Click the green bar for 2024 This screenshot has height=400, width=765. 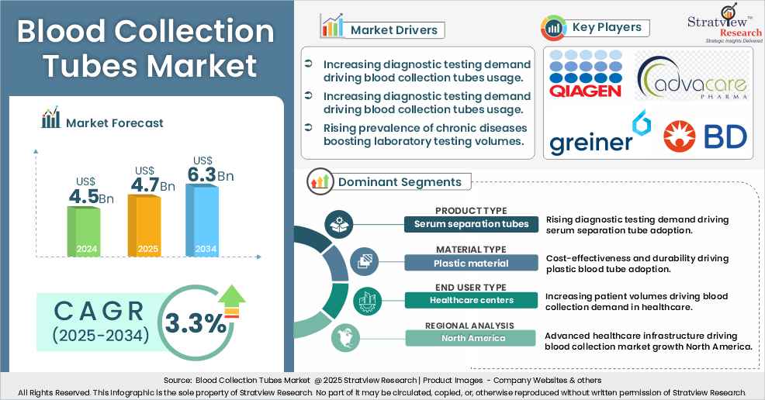(83, 232)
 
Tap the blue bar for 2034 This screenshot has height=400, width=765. (202, 219)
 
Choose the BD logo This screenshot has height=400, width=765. (705, 136)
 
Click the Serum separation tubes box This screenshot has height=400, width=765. (471, 225)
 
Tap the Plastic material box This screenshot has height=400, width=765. (471, 263)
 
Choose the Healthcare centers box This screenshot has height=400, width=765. (471, 300)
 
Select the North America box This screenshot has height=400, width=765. (471, 338)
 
